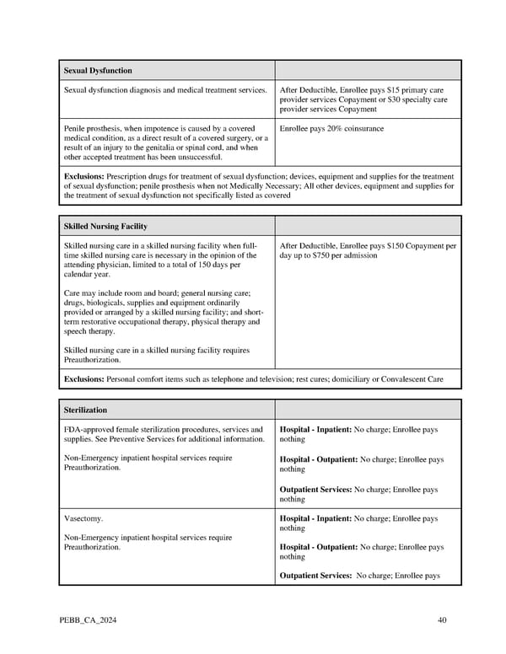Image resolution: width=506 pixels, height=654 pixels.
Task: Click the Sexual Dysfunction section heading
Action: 98,70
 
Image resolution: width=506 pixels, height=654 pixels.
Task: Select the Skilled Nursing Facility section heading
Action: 105,226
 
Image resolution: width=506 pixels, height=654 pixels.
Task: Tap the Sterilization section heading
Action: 85,410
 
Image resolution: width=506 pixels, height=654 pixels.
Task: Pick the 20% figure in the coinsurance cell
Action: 336,128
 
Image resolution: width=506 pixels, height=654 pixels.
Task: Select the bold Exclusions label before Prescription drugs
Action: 84,176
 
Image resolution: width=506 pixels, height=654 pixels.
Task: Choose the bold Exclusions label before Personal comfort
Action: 84,379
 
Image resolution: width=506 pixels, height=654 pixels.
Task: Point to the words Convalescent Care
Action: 411,379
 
